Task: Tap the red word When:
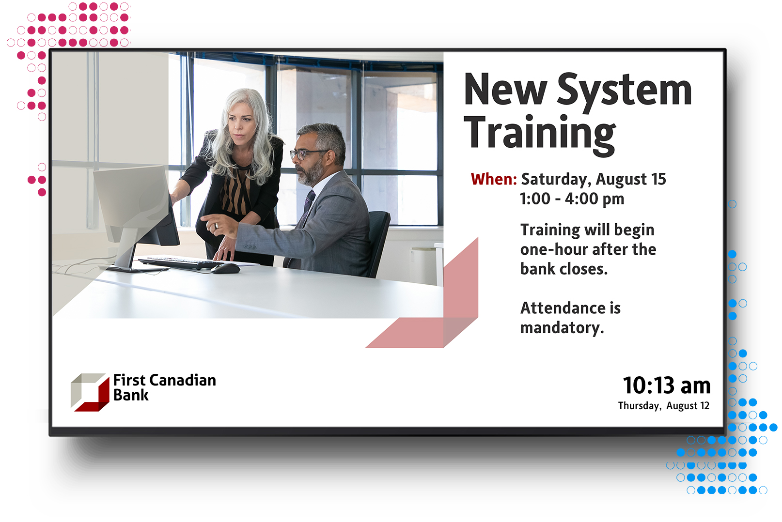coord(494,179)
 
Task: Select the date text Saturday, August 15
coord(594,180)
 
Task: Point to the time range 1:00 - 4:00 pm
coord(572,199)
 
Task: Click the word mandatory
coord(562,328)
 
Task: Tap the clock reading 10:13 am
coord(667,385)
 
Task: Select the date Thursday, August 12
coord(664,406)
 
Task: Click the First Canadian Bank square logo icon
coord(90,392)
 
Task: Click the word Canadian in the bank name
coord(183,380)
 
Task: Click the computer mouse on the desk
coord(225,268)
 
